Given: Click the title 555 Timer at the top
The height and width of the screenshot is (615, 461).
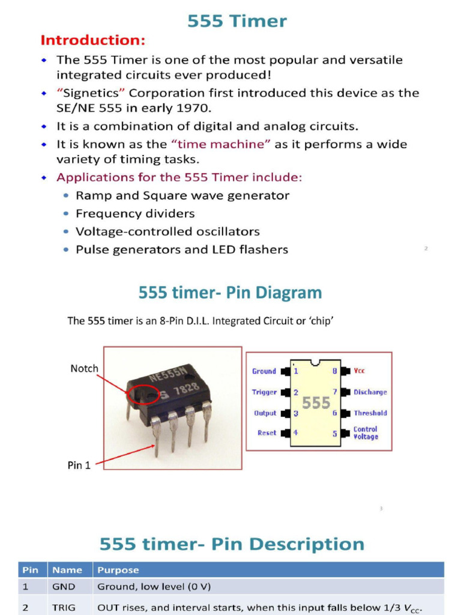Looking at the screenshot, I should tap(237, 22).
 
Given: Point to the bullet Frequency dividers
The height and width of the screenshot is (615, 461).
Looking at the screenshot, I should tap(135, 214).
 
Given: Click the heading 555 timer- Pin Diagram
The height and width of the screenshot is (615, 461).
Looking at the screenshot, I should tap(230, 293).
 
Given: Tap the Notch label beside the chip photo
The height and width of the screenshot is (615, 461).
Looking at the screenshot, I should tap(84, 369).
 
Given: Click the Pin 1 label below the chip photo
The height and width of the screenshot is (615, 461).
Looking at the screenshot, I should tap(79, 465).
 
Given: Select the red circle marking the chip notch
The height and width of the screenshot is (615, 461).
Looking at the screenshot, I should tap(139, 394).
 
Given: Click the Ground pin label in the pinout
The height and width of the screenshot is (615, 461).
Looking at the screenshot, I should tap(264, 371).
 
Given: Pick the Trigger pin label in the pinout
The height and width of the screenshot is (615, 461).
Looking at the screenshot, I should tap(264, 392).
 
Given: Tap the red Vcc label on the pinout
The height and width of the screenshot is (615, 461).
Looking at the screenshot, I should tap(359, 371).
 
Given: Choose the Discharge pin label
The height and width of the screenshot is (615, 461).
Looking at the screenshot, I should tap(370, 392).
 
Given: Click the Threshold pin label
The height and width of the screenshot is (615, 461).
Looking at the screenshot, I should tap(370, 413).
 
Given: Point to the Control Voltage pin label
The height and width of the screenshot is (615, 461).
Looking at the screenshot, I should tap(366, 433).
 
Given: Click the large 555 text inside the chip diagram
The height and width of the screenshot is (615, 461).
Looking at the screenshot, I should tap(316, 403).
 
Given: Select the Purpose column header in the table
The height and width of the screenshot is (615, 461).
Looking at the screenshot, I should tap(118, 570).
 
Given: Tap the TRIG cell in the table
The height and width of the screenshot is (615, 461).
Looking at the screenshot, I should tap(64, 608).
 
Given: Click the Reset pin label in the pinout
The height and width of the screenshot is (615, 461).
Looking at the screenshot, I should tap(267, 433).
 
